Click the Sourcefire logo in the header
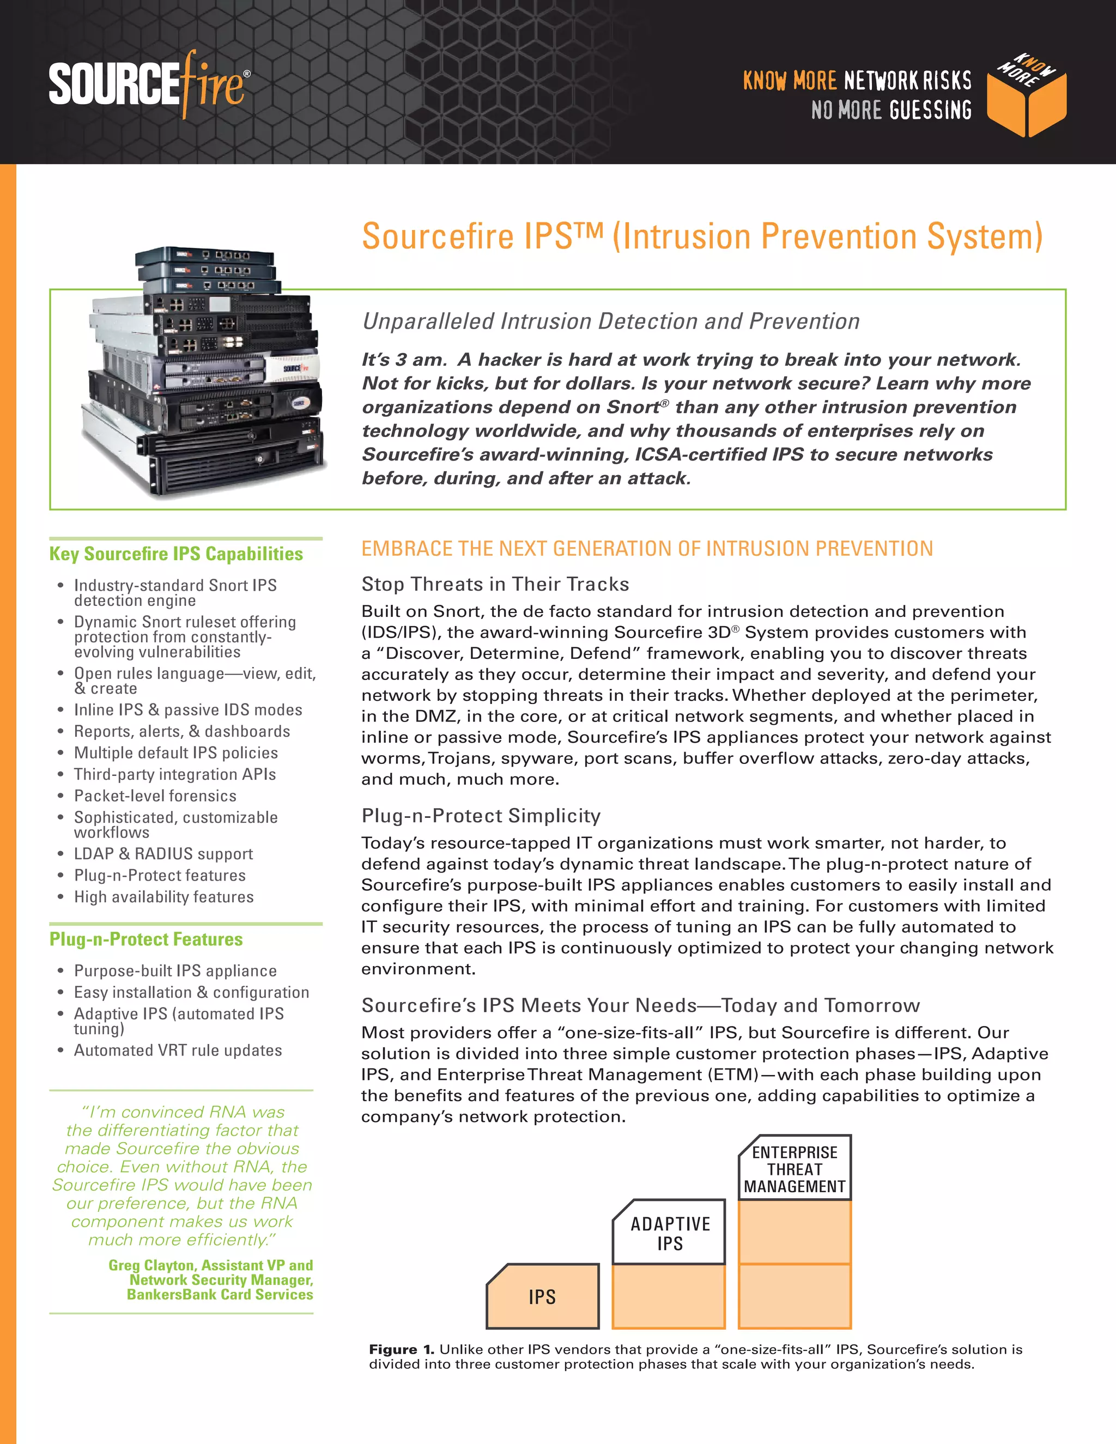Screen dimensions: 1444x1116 tap(149, 84)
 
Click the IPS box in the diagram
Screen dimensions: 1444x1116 tap(542, 1296)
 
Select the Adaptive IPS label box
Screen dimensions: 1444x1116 tap(669, 1233)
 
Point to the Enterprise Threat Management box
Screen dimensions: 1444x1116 tap(794, 1169)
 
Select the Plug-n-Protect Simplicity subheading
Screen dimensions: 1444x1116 tap(481, 815)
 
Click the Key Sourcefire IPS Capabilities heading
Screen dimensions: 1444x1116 tap(176, 554)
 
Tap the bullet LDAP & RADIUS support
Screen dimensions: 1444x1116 tap(163, 853)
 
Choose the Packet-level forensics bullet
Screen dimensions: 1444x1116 tap(155, 796)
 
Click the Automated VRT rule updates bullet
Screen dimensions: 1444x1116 tap(178, 1050)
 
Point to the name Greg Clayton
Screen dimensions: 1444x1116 tap(152, 1265)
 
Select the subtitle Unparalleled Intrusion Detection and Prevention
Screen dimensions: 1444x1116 tap(610, 321)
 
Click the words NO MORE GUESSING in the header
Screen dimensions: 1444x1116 tap(891, 110)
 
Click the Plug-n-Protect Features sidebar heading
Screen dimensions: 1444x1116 tap(146, 939)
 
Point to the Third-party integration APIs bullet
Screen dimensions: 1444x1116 tap(174, 774)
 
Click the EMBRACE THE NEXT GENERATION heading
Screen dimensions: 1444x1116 tap(647, 549)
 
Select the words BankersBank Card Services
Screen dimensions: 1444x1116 tap(220, 1294)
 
